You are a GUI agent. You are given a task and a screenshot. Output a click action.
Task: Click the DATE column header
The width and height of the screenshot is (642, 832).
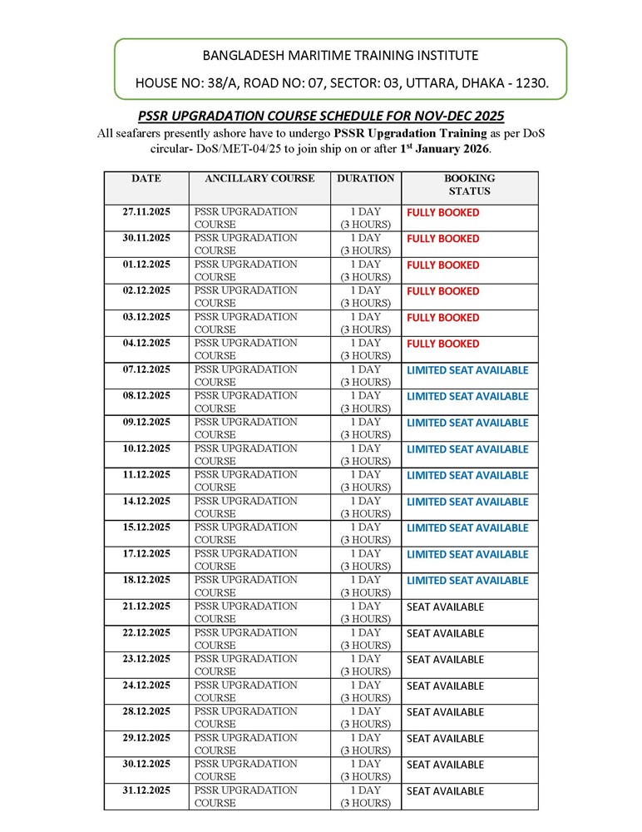coord(146,178)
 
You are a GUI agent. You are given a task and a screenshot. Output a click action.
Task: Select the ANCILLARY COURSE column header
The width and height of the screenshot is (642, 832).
coord(259,178)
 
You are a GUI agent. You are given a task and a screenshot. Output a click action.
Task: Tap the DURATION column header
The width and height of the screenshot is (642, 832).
coord(366,178)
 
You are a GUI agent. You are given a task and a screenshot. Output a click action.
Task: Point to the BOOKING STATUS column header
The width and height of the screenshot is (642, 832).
coord(469,184)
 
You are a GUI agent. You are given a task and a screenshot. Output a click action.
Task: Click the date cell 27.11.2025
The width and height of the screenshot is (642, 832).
coord(146,212)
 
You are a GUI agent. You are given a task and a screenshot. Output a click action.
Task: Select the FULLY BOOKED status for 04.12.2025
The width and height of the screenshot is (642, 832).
coord(442,344)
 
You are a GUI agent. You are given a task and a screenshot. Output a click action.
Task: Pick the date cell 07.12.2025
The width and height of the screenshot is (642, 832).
coord(146,369)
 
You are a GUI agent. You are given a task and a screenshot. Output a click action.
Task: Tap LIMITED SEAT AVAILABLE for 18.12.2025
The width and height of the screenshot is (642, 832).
coord(467,581)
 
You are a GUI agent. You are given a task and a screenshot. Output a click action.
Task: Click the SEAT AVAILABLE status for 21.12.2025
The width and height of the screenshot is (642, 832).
coord(445,607)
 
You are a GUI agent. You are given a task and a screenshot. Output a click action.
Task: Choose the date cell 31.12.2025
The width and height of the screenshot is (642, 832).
coord(146,790)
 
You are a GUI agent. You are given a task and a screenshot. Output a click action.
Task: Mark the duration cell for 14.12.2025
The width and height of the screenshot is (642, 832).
coord(366,508)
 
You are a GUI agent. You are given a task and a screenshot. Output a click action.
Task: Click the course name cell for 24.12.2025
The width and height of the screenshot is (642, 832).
coord(245,691)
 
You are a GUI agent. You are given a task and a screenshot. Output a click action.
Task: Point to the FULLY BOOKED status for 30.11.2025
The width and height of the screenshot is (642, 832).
coord(442,239)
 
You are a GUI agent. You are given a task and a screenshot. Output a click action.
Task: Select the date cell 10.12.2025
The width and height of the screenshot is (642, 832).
coord(146,448)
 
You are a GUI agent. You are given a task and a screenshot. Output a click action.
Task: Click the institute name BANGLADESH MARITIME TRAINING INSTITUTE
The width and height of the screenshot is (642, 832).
coord(340,56)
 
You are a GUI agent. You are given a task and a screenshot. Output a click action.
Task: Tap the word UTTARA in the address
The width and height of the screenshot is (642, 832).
coord(421,83)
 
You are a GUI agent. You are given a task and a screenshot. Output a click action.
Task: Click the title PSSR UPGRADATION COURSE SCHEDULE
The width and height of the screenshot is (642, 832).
coord(321,116)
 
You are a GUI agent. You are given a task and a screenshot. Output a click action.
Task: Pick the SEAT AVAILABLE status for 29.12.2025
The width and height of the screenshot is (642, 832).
coord(445,738)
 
